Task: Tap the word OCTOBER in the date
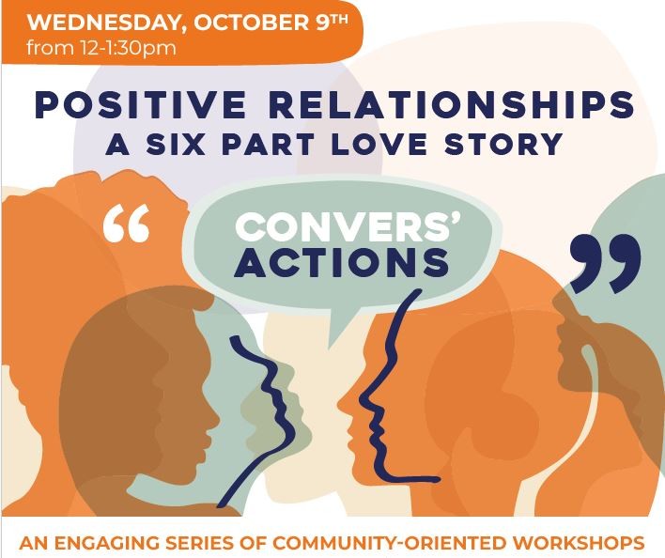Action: [252, 23]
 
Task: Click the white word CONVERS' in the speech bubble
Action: [348, 226]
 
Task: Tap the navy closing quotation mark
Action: [606, 264]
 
